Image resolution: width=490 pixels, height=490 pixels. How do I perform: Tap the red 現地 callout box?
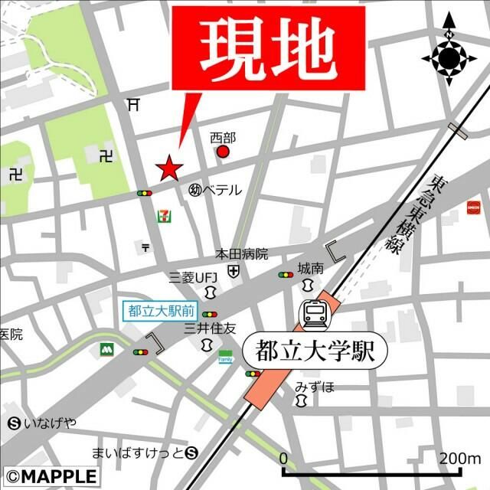[x=268, y=45]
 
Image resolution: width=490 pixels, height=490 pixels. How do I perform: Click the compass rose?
[x=449, y=57]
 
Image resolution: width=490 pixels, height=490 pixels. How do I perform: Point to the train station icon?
[x=314, y=312]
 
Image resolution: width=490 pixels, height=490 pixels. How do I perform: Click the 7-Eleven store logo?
[x=162, y=216]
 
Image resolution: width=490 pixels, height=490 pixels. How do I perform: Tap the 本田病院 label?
[x=241, y=253]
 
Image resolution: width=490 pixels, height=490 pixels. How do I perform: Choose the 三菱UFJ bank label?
[x=194, y=276]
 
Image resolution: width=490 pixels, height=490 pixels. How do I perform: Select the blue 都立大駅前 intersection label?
[x=162, y=312]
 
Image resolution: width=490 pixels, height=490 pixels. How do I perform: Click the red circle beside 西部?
[x=223, y=152]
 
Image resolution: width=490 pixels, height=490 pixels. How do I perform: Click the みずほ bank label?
[x=315, y=386]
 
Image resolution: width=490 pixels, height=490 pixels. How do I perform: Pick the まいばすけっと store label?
[x=139, y=452]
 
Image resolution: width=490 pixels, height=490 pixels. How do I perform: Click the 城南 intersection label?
[x=312, y=269]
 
